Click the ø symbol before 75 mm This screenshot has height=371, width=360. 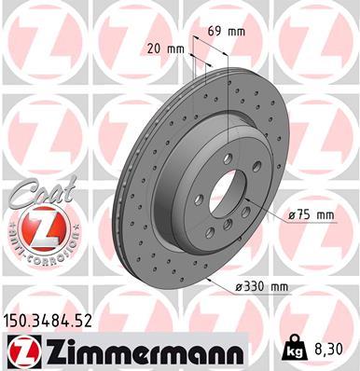coord(292,215)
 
